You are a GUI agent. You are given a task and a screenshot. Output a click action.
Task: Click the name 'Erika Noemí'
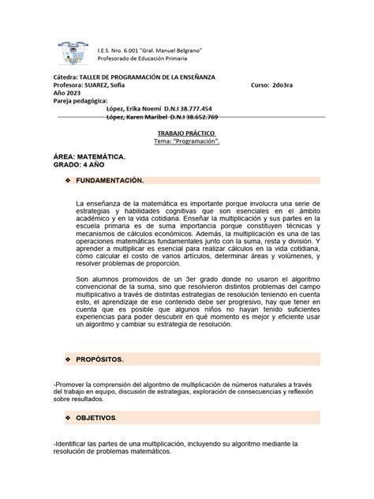coord(145,108)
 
